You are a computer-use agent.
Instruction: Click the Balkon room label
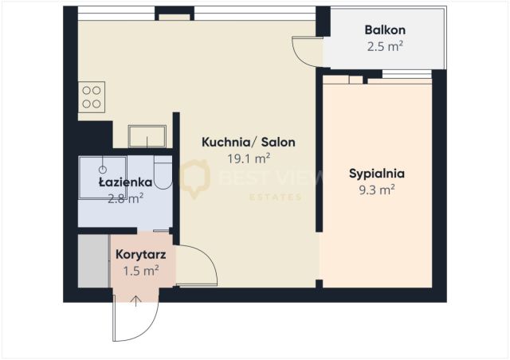click(385, 30)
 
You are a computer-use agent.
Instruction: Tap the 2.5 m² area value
click(385, 46)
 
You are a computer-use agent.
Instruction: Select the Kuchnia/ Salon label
click(249, 142)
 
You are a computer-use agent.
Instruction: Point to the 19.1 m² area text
click(249, 158)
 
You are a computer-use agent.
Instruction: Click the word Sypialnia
click(377, 174)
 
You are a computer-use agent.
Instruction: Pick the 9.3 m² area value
click(377, 190)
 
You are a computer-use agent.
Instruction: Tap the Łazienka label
click(126, 182)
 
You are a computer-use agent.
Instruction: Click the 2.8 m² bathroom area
click(126, 198)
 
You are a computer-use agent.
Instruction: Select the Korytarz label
click(141, 254)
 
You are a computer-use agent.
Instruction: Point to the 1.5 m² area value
click(141, 271)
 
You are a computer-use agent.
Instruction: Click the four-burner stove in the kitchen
click(92, 97)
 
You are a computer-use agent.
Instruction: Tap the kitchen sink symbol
click(147, 136)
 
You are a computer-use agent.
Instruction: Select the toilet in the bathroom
click(163, 172)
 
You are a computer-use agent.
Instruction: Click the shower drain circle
click(103, 170)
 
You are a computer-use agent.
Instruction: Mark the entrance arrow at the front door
click(135, 302)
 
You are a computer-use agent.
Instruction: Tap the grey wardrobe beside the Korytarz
click(94, 260)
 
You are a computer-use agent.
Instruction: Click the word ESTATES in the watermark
click(275, 197)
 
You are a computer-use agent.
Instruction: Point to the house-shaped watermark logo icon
click(194, 178)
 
